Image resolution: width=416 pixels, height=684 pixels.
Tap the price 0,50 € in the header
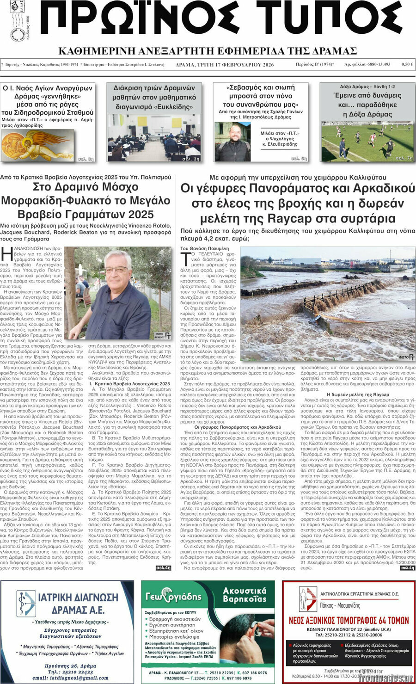coord(407,65)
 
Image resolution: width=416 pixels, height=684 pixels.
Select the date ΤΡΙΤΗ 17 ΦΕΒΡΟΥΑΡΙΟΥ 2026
coord(225,65)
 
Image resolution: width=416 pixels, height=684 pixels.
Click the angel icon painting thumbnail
coord(37,145)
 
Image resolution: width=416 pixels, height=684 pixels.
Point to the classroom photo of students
coord(154,138)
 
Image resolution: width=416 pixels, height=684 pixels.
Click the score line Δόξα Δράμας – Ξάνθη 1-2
coord(367,86)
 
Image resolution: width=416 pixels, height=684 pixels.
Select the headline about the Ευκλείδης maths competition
coord(154,97)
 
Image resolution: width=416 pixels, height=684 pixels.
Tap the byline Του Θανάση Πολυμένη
coord(204,248)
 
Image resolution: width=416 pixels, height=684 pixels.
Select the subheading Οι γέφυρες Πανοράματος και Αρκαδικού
coord(238,427)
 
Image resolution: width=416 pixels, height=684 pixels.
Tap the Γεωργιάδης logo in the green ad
coord(174,597)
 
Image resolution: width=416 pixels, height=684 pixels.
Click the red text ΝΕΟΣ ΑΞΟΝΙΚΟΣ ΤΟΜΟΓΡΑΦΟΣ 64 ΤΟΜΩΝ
coord(349,620)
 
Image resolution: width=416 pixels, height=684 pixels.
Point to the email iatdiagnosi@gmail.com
coord(71,678)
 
